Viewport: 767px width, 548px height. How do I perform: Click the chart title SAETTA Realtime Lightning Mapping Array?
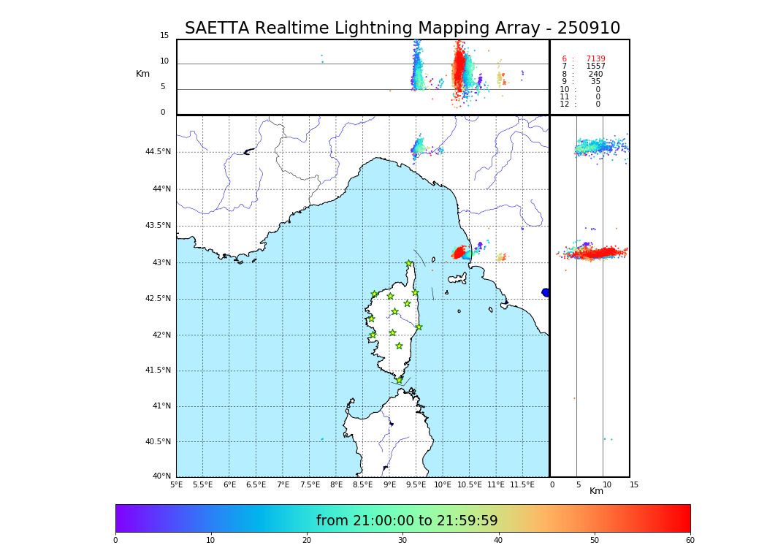pyautogui.click(x=402, y=28)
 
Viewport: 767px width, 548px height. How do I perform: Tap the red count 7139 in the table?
pyautogui.click(x=595, y=59)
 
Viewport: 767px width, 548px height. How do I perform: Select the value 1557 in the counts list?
pyautogui.click(x=595, y=66)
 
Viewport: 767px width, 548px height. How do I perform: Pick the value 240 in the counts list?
pyautogui.click(x=595, y=75)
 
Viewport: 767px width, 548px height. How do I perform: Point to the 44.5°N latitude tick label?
pyautogui.click(x=158, y=152)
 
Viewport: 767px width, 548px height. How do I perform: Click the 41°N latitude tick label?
pyautogui.click(x=161, y=406)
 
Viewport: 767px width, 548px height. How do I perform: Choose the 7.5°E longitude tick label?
pyautogui.click(x=310, y=484)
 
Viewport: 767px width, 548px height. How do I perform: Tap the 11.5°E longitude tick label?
pyautogui.click(x=522, y=484)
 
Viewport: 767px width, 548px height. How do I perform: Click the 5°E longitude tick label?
pyautogui.click(x=177, y=484)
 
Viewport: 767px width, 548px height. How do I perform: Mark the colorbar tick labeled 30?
pyautogui.click(x=402, y=540)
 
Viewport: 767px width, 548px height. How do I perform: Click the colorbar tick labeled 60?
pyautogui.click(x=690, y=540)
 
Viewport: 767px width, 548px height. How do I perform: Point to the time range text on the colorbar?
pyautogui.click(x=407, y=521)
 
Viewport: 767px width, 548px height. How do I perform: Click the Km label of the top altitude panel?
pyautogui.click(x=142, y=74)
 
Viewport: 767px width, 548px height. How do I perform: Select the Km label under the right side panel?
pyautogui.click(x=596, y=491)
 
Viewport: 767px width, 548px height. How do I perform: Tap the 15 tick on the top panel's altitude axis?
pyautogui.click(x=164, y=36)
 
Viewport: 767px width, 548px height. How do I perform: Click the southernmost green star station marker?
pyautogui.click(x=399, y=380)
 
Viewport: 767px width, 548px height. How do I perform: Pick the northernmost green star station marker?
pyautogui.click(x=409, y=263)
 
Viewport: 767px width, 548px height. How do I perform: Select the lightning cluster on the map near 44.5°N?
pyautogui.click(x=418, y=146)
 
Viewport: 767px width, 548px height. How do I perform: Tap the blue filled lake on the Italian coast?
pyautogui.click(x=546, y=292)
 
